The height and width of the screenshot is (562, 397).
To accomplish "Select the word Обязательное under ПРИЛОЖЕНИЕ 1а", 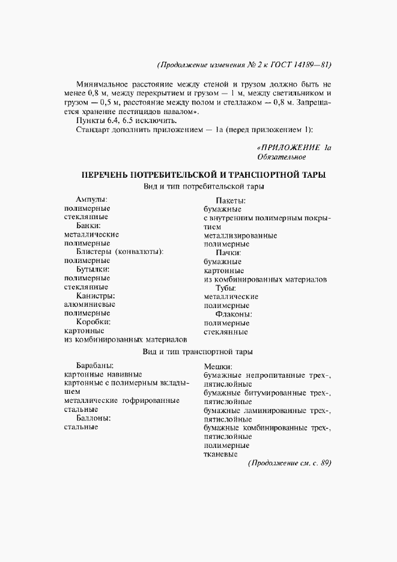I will (x=281, y=157).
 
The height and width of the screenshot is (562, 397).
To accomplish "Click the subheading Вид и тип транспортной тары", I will (x=198, y=351).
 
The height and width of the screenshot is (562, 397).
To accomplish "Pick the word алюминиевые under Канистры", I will (x=89, y=304).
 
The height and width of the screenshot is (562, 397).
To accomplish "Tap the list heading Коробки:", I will (x=94, y=322).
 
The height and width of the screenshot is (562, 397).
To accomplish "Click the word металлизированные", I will (x=240, y=236).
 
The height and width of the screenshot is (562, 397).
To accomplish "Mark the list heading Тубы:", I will (x=229, y=288).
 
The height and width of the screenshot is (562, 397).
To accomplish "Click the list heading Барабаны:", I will (x=95, y=365).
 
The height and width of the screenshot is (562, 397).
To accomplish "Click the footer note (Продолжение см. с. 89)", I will (x=289, y=464).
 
